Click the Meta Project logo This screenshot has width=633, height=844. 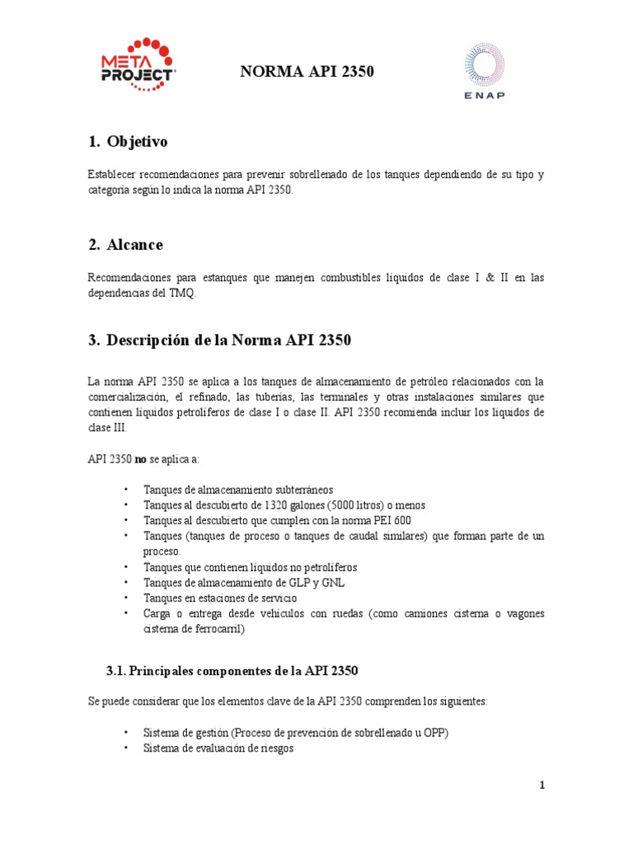[x=137, y=65]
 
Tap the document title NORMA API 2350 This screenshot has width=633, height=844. [x=307, y=73]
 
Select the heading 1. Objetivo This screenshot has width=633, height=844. [x=128, y=142]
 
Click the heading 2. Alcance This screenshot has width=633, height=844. [x=125, y=245]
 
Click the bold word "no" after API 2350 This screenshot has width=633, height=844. [x=141, y=458]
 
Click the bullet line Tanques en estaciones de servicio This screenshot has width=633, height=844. [x=219, y=598]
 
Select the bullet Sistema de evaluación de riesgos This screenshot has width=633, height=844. [x=218, y=748]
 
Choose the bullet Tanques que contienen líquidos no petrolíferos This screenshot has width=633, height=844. [x=250, y=567]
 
